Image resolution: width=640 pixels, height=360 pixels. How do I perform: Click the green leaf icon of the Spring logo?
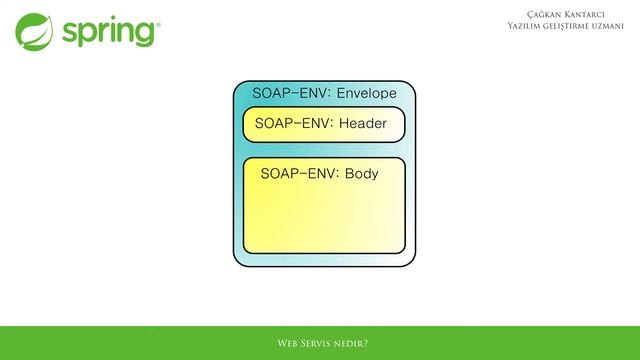[x=34, y=31]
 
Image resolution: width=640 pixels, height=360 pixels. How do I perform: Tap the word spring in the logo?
[x=107, y=32]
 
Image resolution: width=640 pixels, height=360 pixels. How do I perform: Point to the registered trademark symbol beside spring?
[x=156, y=20]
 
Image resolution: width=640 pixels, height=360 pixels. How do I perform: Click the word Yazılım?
[x=527, y=24]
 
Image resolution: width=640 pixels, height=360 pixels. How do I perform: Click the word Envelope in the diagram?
[x=367, y=94]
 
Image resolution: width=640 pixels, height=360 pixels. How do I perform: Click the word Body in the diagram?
[x=361, y=173]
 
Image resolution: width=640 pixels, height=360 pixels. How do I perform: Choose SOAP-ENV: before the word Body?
[x=299, y=173]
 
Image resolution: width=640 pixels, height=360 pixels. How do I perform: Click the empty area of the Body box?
[x=323, y=220]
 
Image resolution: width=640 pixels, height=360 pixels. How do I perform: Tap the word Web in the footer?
[x=287, y=343]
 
